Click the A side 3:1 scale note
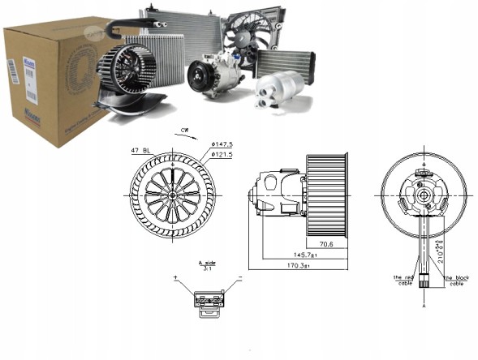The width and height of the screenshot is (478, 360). [x=207, y=267]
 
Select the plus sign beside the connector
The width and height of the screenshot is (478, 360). [x=175, y=279]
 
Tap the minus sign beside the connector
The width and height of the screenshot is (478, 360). [x=241, y=279]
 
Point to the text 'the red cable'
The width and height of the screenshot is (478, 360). [x=403, y=281]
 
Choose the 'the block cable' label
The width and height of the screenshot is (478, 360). [x=457, y=281]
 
